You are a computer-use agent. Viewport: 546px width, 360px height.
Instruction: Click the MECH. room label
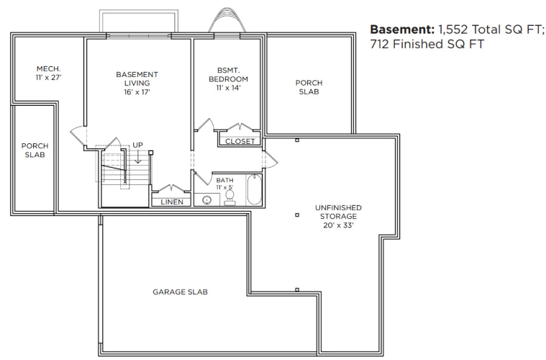point(48,68)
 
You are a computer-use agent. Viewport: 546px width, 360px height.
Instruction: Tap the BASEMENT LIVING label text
point(137,78)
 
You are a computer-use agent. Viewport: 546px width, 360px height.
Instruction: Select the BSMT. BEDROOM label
point(228,75)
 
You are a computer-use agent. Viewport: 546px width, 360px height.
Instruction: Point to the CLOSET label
point(240,142)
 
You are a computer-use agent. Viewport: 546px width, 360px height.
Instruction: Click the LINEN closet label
point(172,202)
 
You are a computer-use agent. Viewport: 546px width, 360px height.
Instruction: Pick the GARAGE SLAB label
point(180,292)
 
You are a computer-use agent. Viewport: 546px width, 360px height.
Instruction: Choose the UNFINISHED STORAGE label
point(338,212)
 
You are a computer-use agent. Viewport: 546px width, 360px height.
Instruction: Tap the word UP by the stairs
point(137,145)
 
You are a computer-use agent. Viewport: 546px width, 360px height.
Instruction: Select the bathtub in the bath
point(254,189)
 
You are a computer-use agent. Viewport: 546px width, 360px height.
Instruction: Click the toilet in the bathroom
point(229,198)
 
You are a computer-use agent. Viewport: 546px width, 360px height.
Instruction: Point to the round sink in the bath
point(206,200)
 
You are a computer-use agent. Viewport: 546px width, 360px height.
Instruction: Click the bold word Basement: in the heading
point(402,30)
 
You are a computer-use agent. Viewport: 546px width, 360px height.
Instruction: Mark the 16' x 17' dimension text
point(137,92)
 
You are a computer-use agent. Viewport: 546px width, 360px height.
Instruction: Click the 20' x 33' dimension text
point(338,225)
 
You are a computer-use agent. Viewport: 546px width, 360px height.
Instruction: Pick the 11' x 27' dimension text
point(48,77)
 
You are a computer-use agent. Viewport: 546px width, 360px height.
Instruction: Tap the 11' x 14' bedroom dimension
point(228,87)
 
